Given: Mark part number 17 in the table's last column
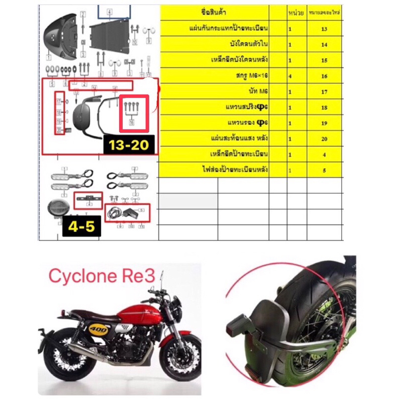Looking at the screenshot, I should [325, 92].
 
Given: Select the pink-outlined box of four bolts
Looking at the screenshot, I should [133, 111].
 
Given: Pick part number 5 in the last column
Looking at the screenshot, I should [325, 170].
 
